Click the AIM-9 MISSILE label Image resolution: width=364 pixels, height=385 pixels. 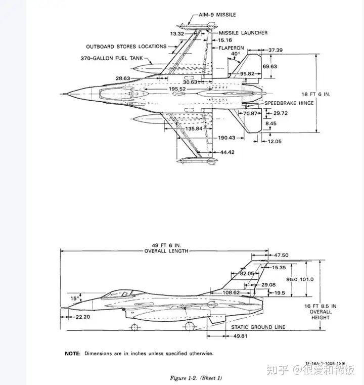point(217,15)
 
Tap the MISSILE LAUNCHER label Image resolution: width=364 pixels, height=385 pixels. point(243,33)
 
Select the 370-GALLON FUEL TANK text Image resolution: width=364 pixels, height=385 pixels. point(112,59)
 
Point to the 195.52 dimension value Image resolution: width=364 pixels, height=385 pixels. point(177,89)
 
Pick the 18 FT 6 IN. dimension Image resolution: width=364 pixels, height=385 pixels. point(315,94)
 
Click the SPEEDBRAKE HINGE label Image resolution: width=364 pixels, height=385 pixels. point(289,103)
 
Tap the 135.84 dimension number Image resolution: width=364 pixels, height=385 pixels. point(194,129)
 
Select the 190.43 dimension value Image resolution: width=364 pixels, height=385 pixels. point(226,138)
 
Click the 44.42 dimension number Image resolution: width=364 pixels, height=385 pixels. point(227,152)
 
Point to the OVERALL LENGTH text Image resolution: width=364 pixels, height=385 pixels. point(166,251)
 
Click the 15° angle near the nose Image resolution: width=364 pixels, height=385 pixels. point(75,298)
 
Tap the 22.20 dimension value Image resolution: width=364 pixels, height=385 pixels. point(83,317)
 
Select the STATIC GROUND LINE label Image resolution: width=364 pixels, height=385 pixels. point(258,327)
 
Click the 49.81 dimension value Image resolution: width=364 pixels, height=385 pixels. point(240,336)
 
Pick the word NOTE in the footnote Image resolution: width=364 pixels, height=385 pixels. point(72,354)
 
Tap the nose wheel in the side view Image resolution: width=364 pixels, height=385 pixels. point(134,327)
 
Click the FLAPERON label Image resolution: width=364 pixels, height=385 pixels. point(232,48)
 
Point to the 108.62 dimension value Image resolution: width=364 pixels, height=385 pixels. point(231,293)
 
